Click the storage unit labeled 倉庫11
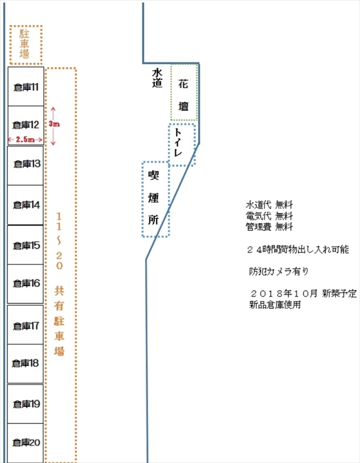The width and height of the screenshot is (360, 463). tap(26, 86)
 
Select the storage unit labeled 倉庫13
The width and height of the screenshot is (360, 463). tap(25, 166)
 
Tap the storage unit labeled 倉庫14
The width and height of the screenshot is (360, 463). tap(25, 205)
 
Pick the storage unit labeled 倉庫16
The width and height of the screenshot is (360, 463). tap(25, 284)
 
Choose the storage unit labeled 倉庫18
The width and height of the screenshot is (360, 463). tap(25, 364)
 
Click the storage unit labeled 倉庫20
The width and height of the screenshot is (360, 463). tap(25, 443)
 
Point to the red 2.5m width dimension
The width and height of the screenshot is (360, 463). tap(25, 139)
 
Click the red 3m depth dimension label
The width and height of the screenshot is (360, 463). tap(55, 124)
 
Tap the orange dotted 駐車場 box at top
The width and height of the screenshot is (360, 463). tap(26, 45)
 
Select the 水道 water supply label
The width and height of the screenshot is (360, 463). tap(157, 78)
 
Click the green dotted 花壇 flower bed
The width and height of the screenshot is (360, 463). tap(184, 92)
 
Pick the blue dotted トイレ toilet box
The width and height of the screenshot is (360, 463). tap(182, 145)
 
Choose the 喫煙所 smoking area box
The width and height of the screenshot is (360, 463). tap(155, 199)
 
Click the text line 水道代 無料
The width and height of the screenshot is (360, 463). tap(269, 205)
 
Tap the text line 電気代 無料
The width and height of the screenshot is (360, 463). tap(269, 216)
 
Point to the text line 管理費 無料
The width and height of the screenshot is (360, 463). tap(269, 227)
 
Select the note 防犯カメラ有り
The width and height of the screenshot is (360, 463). tap(279, 271)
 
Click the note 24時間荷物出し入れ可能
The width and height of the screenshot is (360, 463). tap(298, 249)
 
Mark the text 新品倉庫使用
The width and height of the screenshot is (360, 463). tap(275, 305)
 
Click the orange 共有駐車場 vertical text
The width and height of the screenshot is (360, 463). tap(59, 321)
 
